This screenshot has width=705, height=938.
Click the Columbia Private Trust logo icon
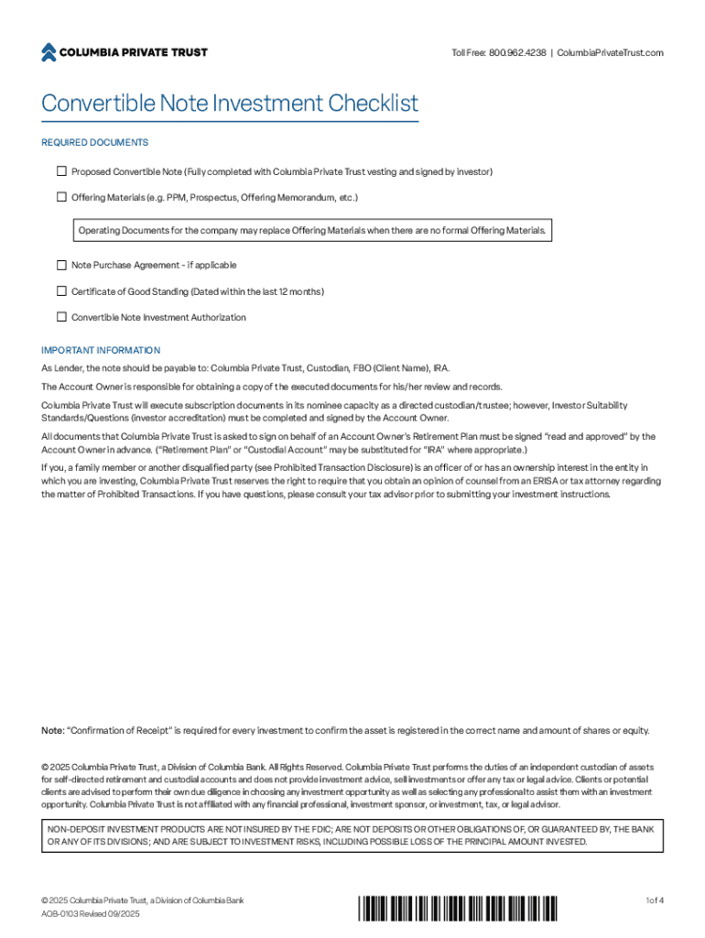click(x=49, y=52)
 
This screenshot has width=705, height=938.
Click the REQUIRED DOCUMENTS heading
click(x=94, y=143)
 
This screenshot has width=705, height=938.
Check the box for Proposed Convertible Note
click(x=62, y=171)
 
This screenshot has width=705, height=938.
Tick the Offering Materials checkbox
click(x=62, y=197)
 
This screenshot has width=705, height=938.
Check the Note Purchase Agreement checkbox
click(x=62, y=265)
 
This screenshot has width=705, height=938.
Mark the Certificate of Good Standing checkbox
click(x=62, y=291)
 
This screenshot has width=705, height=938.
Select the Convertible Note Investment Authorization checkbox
click(x=62, y=317)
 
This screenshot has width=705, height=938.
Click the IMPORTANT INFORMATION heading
click(x=101, y=350)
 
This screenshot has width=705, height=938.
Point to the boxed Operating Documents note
click(x=311, y=230)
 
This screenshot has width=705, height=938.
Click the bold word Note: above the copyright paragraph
click(x=53, y=731)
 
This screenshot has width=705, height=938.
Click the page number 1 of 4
click(x=654, y=900)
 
